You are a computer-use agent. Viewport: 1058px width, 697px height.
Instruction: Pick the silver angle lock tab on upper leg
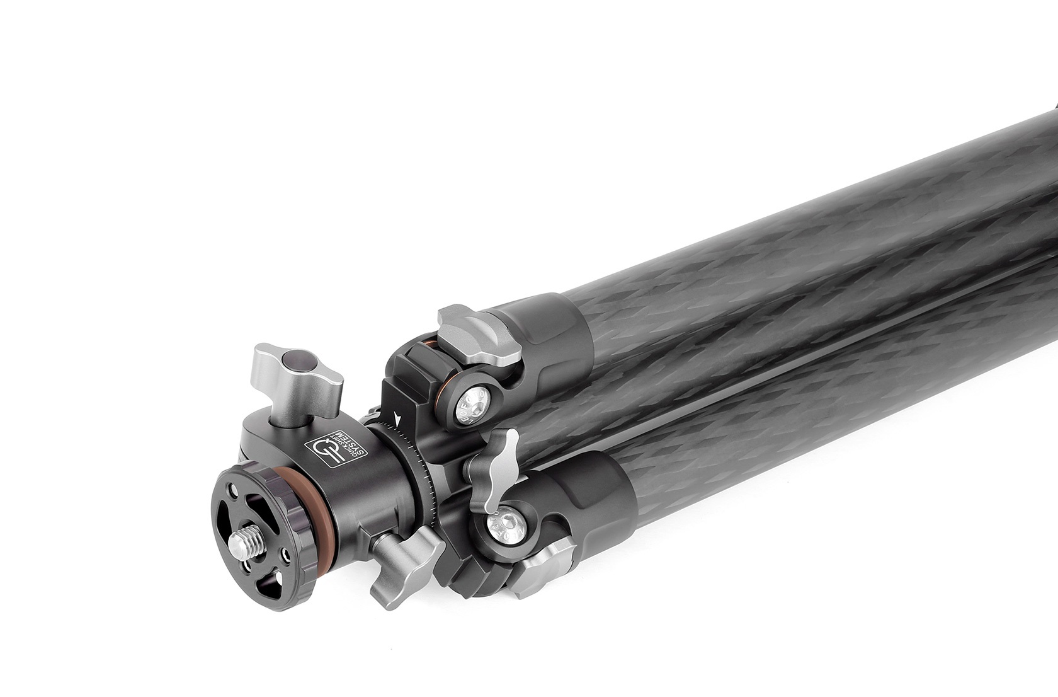(x=481, y=334)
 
